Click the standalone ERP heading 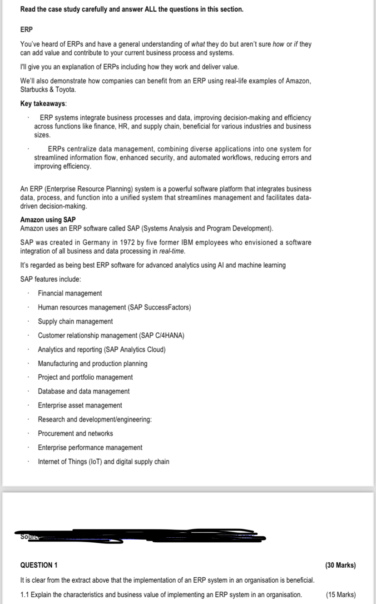tap(26, 29)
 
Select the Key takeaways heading tap(43, 103)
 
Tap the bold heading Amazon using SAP tap(48, 220)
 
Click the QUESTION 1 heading tap(39, 565)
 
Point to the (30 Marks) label tap(341, 565)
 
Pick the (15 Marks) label tap(341, 595)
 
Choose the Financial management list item tap(70, 294)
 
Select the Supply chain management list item tap(75, 322)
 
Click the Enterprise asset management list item tap(80, 406)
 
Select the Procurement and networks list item tap(75, 434)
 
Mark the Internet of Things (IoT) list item tap(104, 462)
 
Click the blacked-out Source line tap(141, 537)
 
